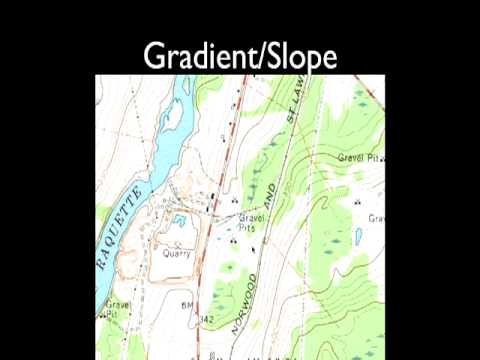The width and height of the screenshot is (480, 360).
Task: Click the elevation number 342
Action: pos(208,318)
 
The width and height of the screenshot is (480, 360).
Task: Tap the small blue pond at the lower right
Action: pos(358,238)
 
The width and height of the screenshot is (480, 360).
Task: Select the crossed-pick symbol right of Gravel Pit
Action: pos(385,158)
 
